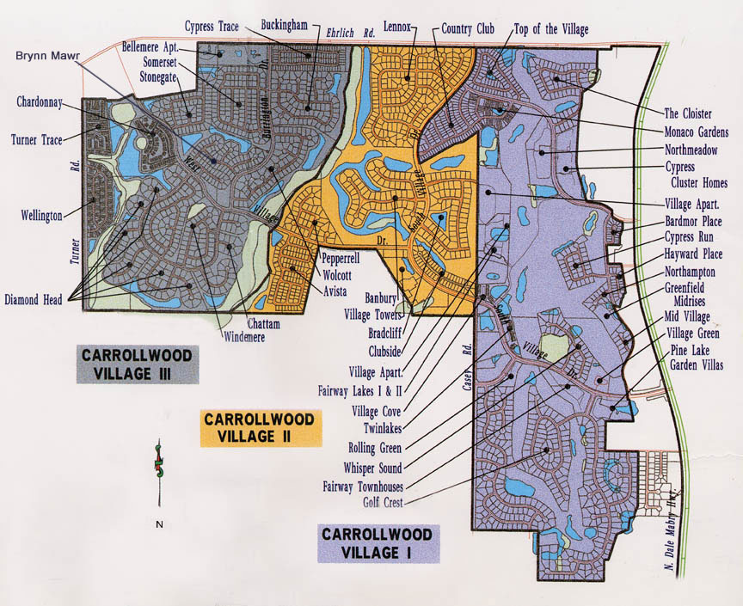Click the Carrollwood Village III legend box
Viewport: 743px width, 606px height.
[x=138, y=364]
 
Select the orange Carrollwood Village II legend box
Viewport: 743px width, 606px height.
[x=261, y=427]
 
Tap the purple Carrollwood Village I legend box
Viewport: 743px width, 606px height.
[x=378, y=543]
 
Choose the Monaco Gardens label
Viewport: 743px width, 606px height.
[x=696, y=132]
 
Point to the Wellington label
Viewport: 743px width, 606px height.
[x=42, y=216]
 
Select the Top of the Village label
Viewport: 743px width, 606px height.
[x=551, y=30]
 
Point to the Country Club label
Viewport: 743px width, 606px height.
[x=468, y=29]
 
